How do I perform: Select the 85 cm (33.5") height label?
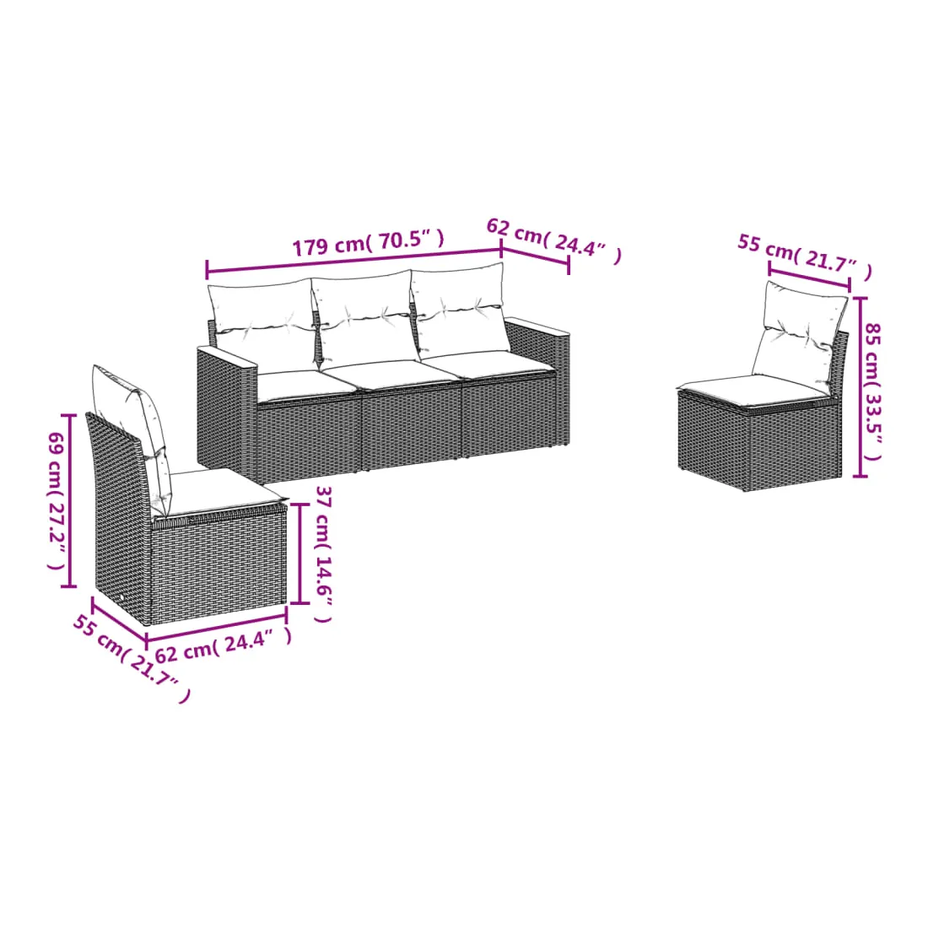pyautogui.click(x=872, y=391)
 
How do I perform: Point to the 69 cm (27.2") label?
pyautogui.click(x=57, y=500)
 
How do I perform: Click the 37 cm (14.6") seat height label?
pyautogui.click(x=323, y=554)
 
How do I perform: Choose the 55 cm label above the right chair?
pyautogui.click(x=805, y=256)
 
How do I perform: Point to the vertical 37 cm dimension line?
pyautogui.click(x=300, y=553)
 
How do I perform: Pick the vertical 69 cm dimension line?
pyautogui.click(x=69, y=500)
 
